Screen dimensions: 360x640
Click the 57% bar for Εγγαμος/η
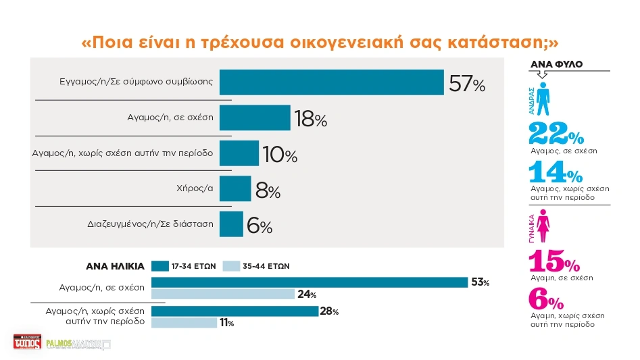[x=331, y=82]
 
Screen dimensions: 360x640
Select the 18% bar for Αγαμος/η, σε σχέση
[x=255, y=118]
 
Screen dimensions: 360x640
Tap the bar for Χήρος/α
[x=235, y=188]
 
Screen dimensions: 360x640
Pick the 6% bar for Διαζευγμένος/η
[x=231, y=224]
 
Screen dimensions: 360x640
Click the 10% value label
[x=280, y=155]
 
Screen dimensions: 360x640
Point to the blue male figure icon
[x=543, y=99]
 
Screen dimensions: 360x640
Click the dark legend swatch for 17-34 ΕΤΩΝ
[x=159, y=265]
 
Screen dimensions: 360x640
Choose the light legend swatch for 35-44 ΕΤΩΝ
[x=231, y=265]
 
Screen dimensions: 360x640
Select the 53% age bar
[x=310, y=282]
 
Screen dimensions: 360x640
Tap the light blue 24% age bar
[x=223, y=294]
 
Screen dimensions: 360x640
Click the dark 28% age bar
[x=235, y=311]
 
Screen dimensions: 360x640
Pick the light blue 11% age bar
[x=184, y=323]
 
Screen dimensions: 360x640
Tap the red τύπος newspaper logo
[x=27, y=342]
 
